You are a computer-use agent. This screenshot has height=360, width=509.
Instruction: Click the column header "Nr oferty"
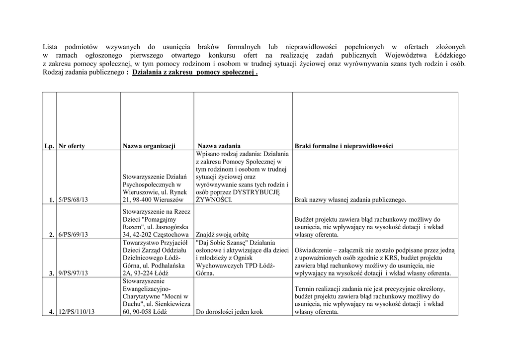(x=72, y=146)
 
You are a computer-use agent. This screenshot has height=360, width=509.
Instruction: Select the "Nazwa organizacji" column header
(x=149, y=146)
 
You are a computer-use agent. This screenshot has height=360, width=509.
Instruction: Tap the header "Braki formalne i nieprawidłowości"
(x=343, y=146)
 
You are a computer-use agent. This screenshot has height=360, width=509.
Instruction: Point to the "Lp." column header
(x=49, y=146)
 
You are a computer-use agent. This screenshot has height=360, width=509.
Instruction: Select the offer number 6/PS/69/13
(x=73, y=235)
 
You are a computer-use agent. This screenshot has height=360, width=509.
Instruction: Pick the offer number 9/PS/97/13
(x=73, y=273)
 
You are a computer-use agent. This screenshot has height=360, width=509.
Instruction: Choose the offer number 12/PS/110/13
(x=77, y=312)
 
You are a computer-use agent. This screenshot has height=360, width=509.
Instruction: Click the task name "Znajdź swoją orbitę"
(x=222, y=235)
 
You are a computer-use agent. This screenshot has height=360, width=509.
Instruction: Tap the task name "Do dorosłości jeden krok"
(x=229, y=312)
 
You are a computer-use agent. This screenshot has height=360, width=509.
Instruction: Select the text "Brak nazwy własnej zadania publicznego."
(x=350, y=200)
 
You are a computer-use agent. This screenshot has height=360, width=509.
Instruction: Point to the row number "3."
(x=52, y=273)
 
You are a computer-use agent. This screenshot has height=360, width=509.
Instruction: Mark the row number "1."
(x=52, y=200)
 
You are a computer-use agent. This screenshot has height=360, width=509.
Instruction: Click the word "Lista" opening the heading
(x=51, y=47)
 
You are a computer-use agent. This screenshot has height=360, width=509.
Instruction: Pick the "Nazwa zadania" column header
(x=219, y=146)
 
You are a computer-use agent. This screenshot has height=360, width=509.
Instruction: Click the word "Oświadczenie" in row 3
(x=316, y=250)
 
